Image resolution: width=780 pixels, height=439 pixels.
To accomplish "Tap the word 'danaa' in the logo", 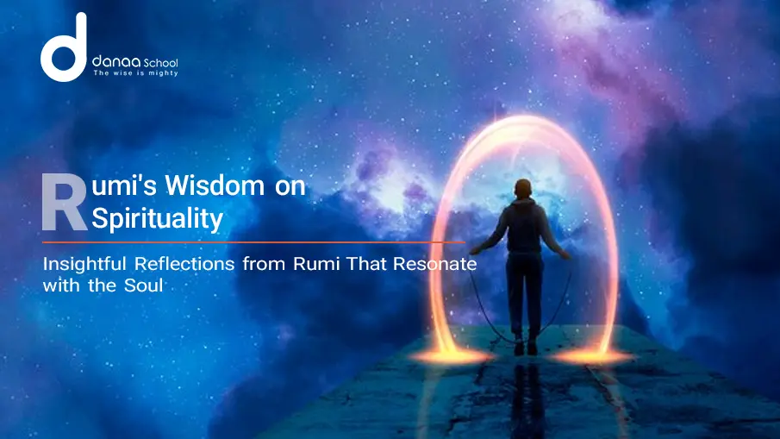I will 112,63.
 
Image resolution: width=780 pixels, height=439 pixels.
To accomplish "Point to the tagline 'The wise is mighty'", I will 135,75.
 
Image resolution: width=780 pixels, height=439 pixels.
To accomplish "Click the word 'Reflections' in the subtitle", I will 193,264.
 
